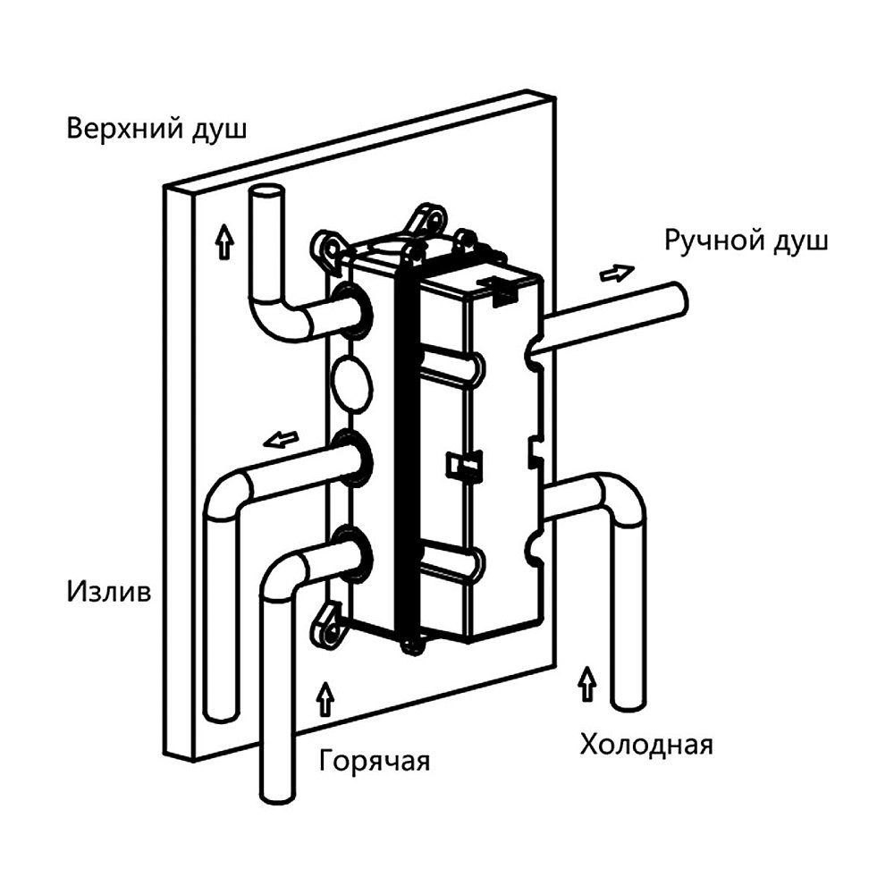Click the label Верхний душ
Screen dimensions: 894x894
coord(156,129)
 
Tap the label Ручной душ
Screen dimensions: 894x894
coord(746,240)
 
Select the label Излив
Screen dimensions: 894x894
coord(108,591)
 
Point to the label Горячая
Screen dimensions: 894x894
coord(375,761)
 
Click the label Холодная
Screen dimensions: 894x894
coord(645,744)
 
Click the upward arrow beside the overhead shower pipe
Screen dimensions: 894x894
coord(223,241)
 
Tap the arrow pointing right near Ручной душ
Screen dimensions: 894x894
coord(617,272)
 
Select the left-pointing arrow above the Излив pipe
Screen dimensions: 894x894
coord(282,439)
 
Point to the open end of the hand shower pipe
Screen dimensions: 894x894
coord(680,298)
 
